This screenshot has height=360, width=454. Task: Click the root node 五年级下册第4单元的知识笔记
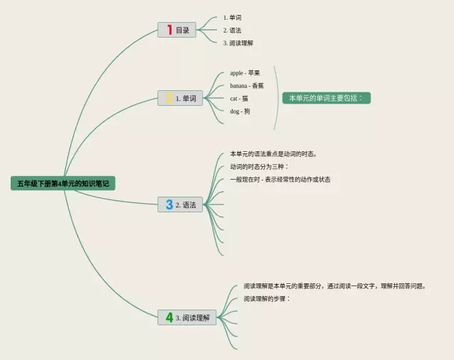[x=63, y=183]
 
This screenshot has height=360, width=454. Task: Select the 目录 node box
[x=177, y=30]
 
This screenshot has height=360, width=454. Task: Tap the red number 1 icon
[x=169, y=30]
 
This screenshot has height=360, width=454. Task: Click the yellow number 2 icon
[x=169, y=99]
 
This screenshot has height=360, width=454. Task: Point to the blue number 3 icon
[x=169, y=205]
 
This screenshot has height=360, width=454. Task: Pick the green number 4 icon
[x=169, y=317]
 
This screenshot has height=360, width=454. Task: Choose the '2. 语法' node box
[x=181, y=205]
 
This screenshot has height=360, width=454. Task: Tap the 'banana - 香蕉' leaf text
[x=247, y=85]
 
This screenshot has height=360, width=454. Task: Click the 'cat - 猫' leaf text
[x=239, y=98]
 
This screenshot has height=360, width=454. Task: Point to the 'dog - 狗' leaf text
[x=240, y=111]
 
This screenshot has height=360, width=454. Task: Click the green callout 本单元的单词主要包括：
[x=326, y=98]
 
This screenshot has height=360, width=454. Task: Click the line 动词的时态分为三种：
[x=260, y=166]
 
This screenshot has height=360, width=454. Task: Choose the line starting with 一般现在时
[x=280, y=179]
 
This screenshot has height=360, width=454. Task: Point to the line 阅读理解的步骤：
[x=267, y=298]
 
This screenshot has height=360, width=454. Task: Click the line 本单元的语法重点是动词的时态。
[x=274, y=153]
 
